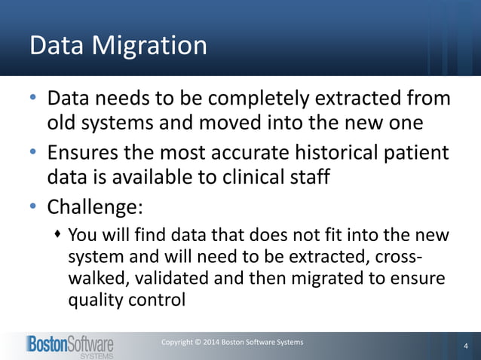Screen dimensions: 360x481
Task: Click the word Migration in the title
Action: (x=147, y=46)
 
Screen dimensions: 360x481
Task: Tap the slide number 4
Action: (x=466, y=346)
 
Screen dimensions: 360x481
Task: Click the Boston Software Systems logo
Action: (x=70, y=346)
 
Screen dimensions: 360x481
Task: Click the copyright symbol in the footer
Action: (x=198, y=343)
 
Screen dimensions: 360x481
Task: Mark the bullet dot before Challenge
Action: (x=32, y=206)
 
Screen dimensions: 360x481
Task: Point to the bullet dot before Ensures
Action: (x=32, y=154)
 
